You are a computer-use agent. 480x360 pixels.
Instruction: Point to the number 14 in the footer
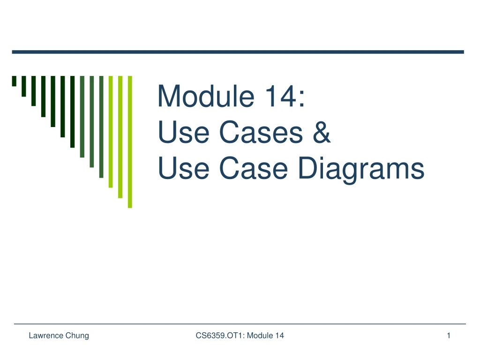point(280,335)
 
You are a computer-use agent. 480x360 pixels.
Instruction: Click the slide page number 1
point(449,335)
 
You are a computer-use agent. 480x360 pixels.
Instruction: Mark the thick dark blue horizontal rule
point(238,52)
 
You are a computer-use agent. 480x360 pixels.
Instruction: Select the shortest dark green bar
point(14,81)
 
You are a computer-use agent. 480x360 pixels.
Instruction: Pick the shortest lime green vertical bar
point(111,131)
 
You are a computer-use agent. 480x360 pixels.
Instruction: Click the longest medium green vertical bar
point(101,127)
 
